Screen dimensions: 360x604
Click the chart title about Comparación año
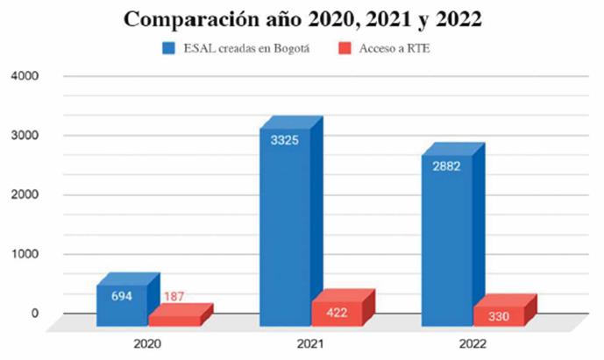[x=302, y=18]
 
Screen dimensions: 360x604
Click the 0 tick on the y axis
[x=36, y=314]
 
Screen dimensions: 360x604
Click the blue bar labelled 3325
[x=285, y=228]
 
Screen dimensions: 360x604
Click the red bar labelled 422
[x=337, y=313]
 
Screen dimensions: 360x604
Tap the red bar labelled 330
[x=499, y=316]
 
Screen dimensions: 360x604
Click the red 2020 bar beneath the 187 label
[x=174, y=318]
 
